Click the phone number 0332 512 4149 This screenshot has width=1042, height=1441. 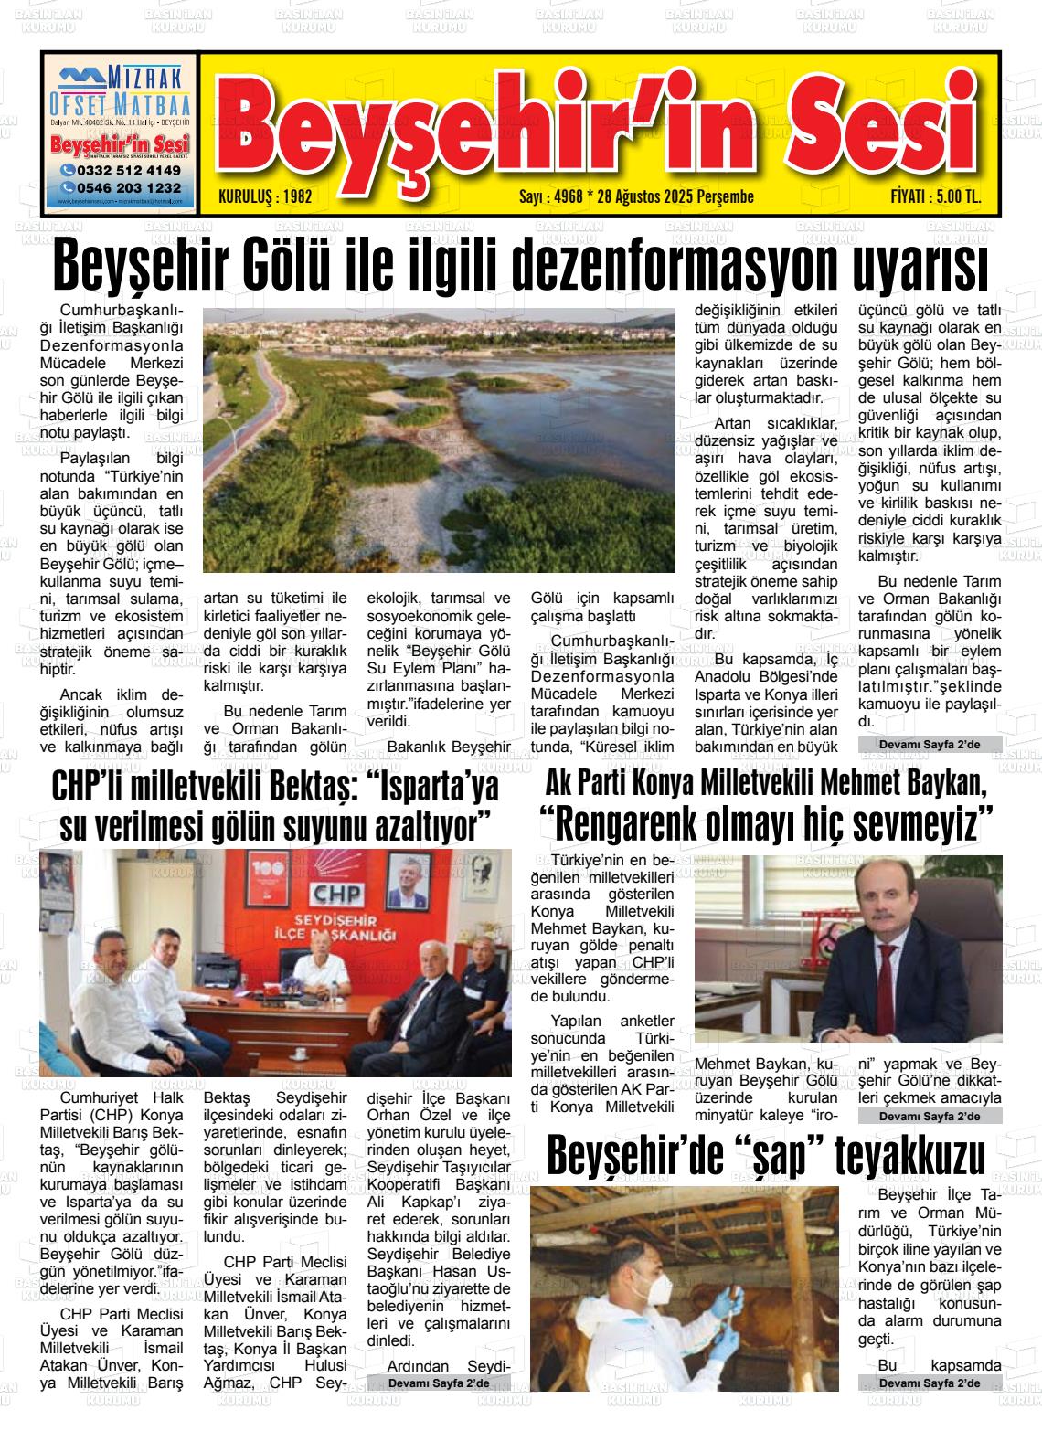[x=126, y=171]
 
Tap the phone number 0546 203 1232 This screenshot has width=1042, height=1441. [x=126, y=187]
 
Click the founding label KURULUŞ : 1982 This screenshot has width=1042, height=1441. [x=253, y=196]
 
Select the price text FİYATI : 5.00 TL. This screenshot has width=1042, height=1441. [x=935, y=196]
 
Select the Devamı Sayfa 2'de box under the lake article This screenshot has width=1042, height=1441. [x=929, y=746]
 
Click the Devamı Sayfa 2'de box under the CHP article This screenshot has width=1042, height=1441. [x=439, y=1383]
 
